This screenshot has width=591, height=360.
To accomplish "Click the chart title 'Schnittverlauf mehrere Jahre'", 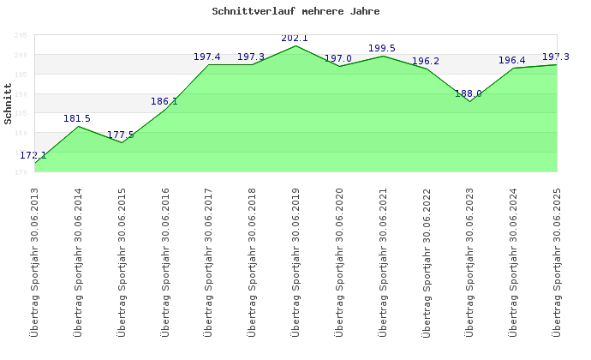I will pos(295,12).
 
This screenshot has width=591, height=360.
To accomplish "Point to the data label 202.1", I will pos(295,38).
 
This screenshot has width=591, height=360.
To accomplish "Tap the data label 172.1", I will pos(33,155).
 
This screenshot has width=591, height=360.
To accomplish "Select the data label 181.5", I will pos(77,118).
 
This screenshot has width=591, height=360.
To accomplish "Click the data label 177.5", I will pos(121,135).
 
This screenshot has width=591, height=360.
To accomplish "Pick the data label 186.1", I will pos(164,101).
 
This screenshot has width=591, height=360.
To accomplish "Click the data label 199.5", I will pos(382,48).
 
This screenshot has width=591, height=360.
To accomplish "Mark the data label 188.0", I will pos(469,93).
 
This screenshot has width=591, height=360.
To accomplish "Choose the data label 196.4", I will pos(512,60).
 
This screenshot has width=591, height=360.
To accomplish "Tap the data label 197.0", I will pos(338,58).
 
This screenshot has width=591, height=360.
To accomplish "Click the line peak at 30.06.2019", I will pos(295,45).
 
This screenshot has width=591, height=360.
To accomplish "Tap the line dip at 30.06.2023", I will pos(469,101).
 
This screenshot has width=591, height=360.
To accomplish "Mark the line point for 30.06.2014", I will pos(78,127).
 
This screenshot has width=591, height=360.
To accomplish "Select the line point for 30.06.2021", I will pos(383,56).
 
